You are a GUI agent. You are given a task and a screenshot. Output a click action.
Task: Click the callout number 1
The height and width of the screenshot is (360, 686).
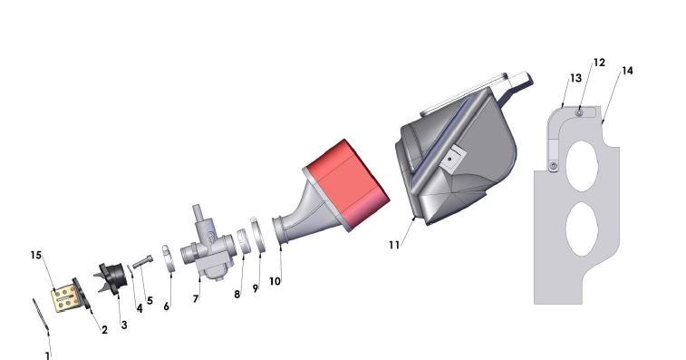(x=47, y=355)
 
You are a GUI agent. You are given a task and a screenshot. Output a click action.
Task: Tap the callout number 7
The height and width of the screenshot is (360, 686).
(x=196, y=298)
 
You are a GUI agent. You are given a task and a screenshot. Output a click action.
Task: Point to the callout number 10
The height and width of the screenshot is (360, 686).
(x=275, y=282)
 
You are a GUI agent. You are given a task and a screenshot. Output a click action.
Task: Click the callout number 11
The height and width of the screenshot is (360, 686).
(x=394, y=246)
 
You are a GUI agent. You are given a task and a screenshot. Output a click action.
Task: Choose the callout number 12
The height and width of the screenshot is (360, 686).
(x=599, y=63)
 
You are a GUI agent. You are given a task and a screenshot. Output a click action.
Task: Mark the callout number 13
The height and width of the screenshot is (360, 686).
(x=574, y=79)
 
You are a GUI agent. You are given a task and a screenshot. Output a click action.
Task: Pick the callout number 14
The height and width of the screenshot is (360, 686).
(x=627, y=70)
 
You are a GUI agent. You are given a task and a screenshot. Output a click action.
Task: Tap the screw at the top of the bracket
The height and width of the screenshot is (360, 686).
(x=581, y=113)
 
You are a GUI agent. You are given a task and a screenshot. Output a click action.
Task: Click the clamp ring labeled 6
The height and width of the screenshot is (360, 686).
(x=168, y=260)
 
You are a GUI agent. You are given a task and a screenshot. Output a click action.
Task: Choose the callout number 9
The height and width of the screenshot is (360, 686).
(x=256, y=287)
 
